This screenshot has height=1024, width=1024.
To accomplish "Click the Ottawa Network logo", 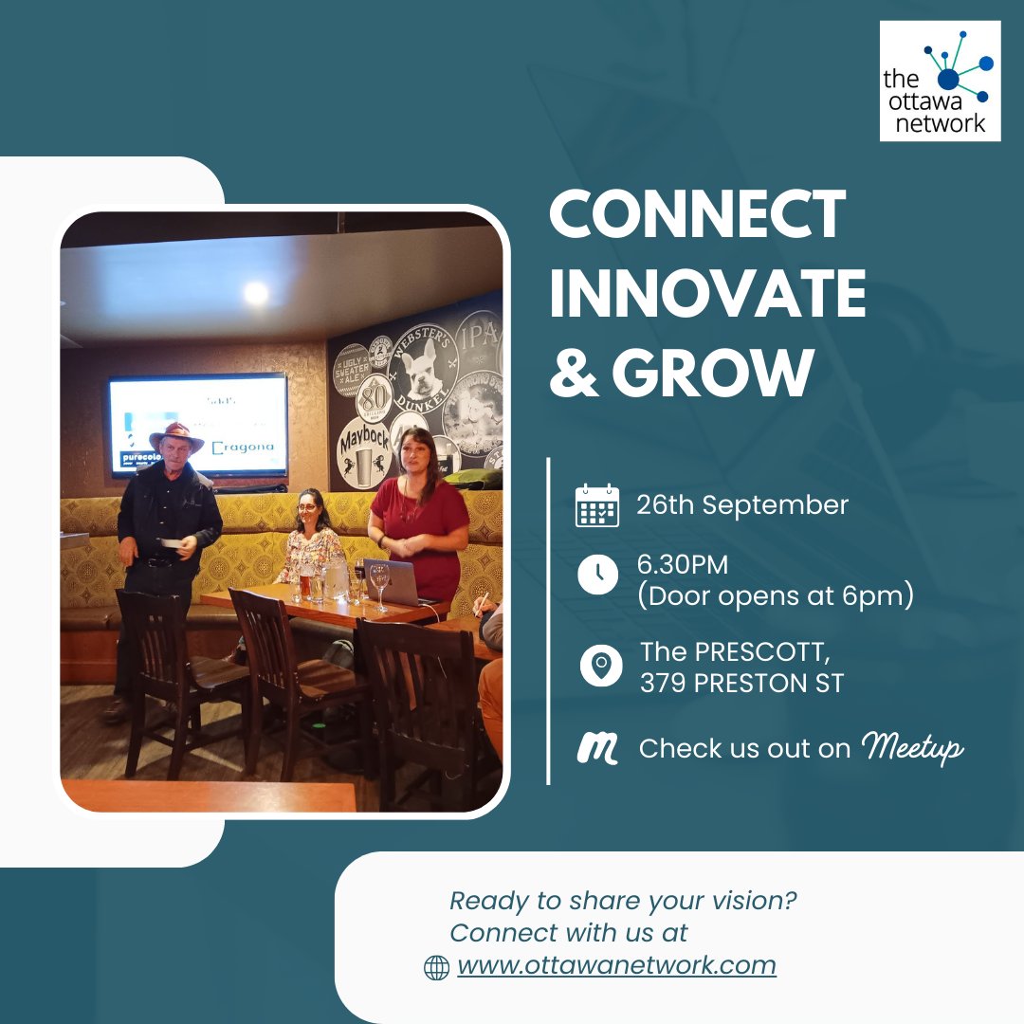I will click(x=940, y=81).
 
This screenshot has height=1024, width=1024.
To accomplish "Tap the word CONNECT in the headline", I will click(x=697, y=214).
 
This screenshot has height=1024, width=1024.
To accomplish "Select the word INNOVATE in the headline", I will click(x=707, y=293).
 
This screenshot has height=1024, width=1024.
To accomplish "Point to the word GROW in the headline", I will click(x=714, y=373).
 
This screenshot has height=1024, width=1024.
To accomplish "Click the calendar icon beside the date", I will click(x=597, y=505).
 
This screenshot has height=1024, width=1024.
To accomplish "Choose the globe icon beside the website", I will click(x=436, y=967).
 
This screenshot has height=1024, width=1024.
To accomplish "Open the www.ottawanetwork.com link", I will click(x=616, y=966).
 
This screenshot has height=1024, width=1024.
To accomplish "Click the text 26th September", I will click(x=742, y=505).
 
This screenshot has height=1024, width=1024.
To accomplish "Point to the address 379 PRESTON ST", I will click(x=741, y=683).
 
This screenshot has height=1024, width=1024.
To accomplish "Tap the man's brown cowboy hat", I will click(x=176, y=437).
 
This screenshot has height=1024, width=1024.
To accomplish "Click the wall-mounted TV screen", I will click(x=197, y=424).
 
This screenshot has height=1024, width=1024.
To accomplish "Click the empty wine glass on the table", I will click(x=380, y=583).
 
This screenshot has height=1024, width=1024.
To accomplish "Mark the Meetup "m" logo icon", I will click(x=598, y=749).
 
